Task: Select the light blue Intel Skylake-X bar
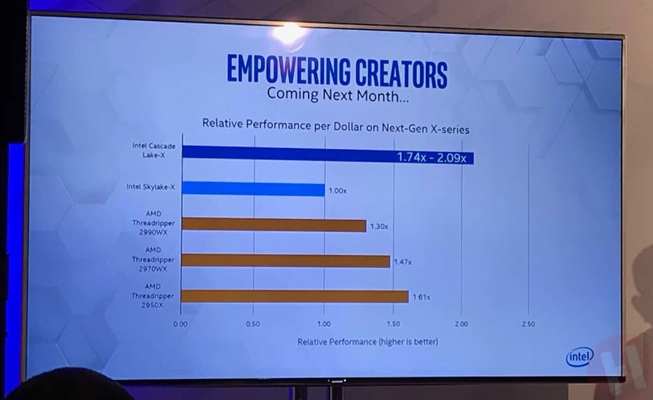[253, 189]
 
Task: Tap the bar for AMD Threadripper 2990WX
[274, 225]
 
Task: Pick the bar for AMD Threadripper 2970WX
[286, 260]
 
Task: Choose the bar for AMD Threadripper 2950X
[295, 296]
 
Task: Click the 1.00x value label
[337, 191]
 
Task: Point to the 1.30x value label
[379, 227]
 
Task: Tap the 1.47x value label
[403, 262]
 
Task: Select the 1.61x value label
[421, 297]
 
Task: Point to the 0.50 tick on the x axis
[252, 324]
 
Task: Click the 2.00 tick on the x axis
[461, 324]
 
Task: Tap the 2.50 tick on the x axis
[528, 324]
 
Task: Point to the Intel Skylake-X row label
[150, 187]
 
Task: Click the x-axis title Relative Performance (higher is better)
[367, 342]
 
